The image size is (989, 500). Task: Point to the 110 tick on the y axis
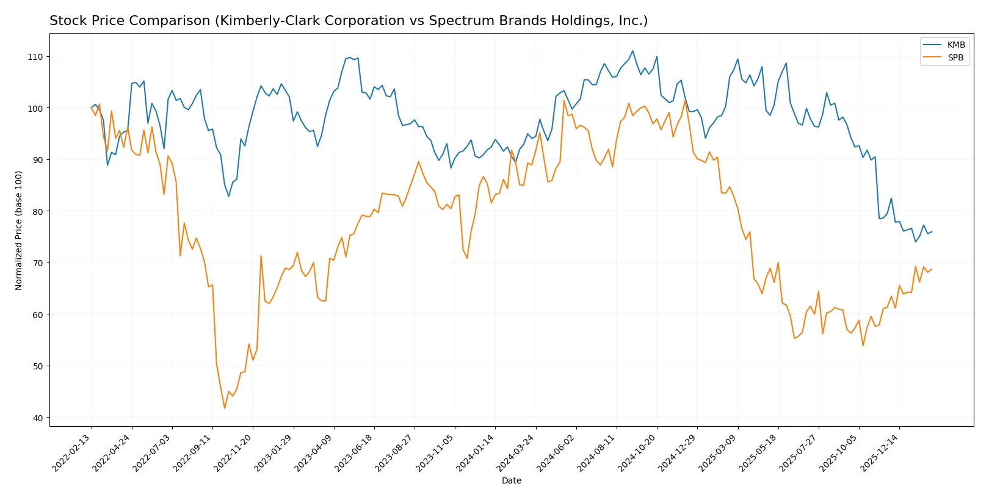(x=35, y=57)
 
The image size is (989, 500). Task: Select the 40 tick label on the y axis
(x=38, y=418)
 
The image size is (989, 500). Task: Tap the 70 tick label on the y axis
(x=38, y=263)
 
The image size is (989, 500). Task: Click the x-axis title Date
(x=512, y=481)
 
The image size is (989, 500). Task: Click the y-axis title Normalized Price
(x=19, y=230)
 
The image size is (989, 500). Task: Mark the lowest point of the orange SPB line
(x=225, y=408)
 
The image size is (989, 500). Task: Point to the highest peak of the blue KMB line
(x=632, y=51)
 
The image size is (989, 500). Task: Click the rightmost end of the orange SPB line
(x=932, y=269)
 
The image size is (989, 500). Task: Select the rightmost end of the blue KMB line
(x=932, y=231)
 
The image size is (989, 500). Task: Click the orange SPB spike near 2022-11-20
(x=261, y=256)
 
